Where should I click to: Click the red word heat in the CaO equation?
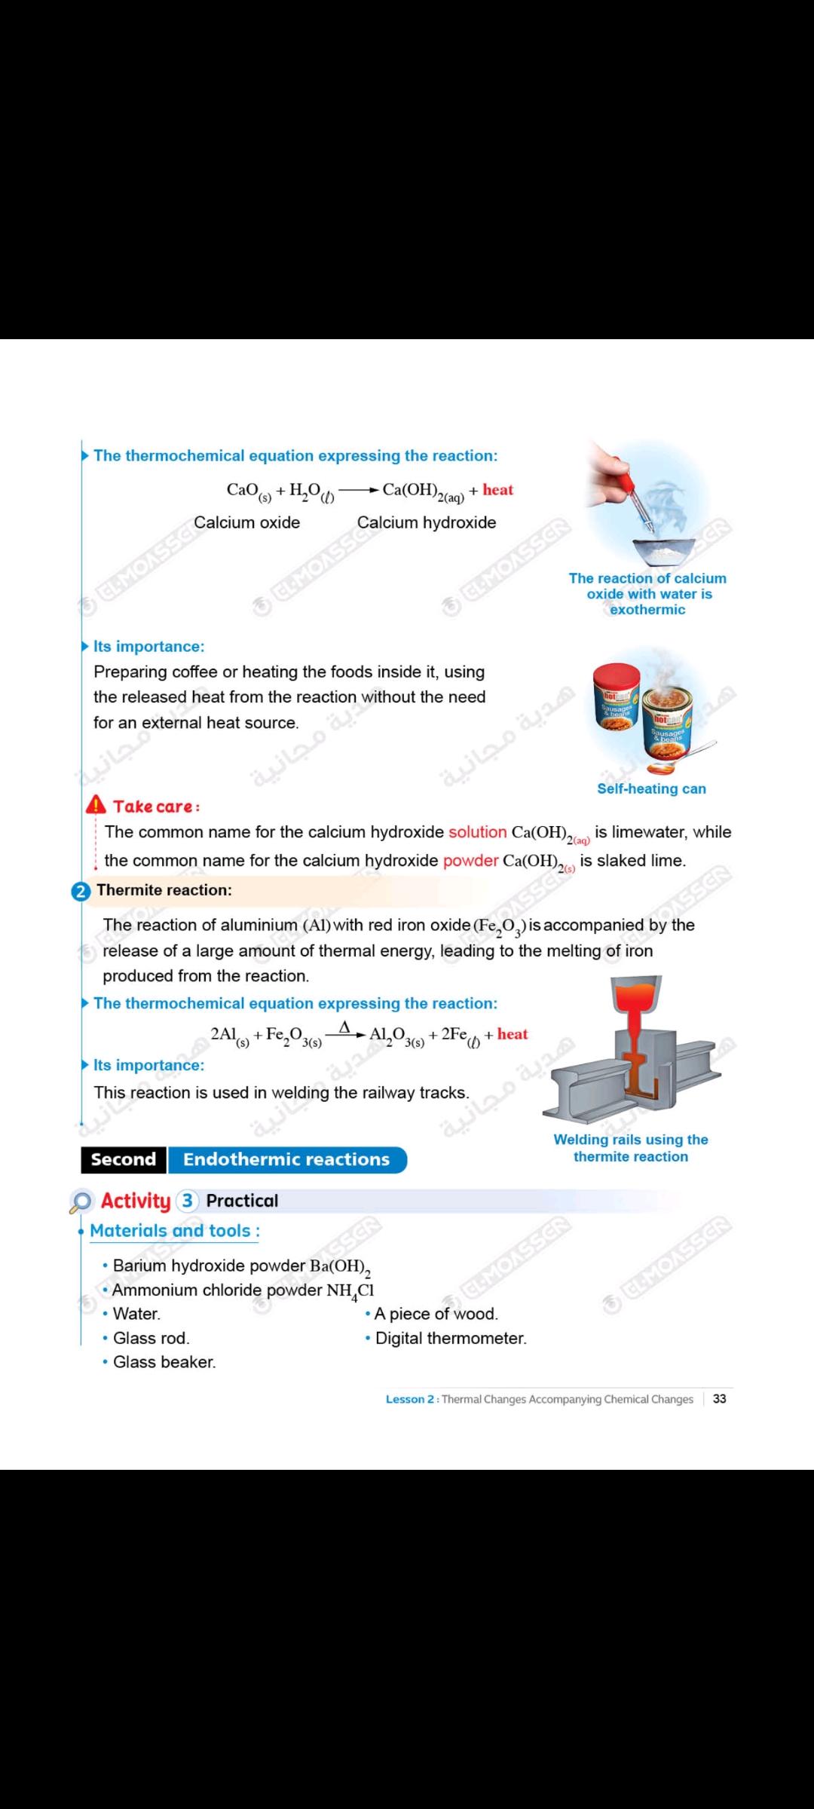tap(497, 490)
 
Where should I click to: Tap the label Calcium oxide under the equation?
tap(246, 522)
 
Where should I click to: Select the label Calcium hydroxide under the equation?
tap(427, 522)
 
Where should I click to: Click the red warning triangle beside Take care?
tap(96, 805)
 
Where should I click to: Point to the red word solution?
tap(477, 832)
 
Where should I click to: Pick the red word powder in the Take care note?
tap(470, 861)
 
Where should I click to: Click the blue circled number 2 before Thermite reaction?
tap(81, 891)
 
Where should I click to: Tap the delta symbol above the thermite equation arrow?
tap(344, 1027)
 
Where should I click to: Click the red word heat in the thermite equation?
tap(513, 1034)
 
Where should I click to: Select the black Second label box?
tap(124, 1159)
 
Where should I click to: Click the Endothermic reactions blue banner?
tap(286, 1159)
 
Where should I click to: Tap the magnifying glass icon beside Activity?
tap(81, 1201)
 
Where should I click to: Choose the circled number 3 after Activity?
tap(187, 1201)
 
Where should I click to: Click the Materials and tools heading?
tap(174, 1231)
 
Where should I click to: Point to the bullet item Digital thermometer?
tap(451, 1338)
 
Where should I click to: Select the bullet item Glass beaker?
tap(164, 1362)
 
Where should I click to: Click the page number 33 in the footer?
tap(720, 1399)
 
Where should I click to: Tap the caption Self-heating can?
tap(651, 788)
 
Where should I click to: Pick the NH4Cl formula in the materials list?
tap(350, 1290)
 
